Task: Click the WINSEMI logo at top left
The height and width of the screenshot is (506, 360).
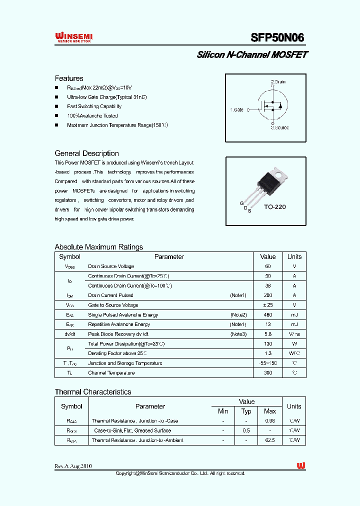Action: click(x=73, y=37)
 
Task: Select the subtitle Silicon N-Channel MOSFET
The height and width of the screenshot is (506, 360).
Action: click(x=252, y=55)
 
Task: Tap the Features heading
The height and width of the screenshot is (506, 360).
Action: click(x=69, y=78)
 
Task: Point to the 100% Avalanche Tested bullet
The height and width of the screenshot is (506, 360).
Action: click(x=92, y=115)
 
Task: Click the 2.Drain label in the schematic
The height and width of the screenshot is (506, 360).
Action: click(x=278, y=81)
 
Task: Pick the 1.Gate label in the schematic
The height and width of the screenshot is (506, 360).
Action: click(x=237, y=109)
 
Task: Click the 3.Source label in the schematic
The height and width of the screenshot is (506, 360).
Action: click(x=279, y=127)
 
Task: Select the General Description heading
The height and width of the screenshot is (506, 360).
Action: click(x=86, y=153)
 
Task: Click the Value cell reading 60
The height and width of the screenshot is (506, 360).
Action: click(x=267, y=266)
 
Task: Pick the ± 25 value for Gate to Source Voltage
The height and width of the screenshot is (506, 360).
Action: click(x=267, y=305)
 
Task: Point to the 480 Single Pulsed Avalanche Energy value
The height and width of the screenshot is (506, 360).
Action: click(x=267, y=315)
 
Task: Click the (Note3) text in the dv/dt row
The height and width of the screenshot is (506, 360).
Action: click(x=238, y=334)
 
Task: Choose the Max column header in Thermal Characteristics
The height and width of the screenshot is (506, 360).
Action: click(x=270, y=411)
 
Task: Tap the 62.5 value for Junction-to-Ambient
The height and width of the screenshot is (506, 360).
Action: click(x=270, y=440)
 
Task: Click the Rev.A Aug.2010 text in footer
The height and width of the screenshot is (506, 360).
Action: click(x=73, y=466)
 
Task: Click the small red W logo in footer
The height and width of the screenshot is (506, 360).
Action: click(x=301, y=465)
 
